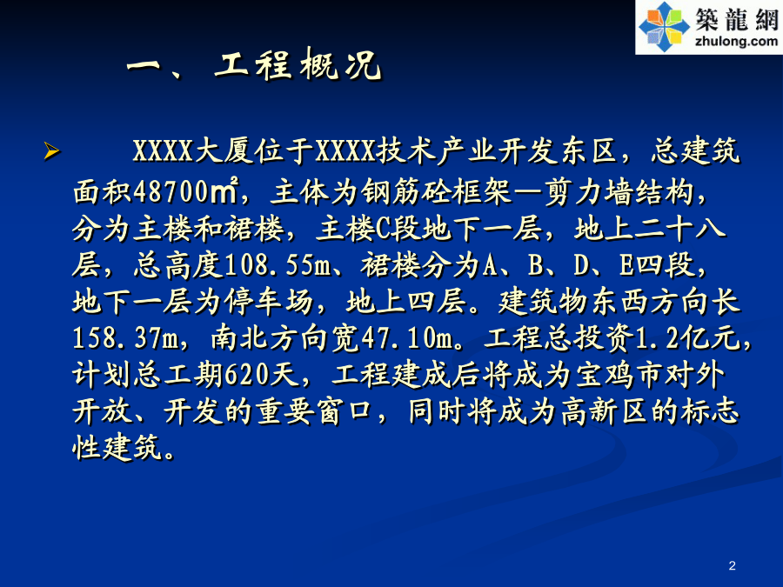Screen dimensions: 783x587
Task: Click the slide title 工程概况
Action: [x=298, y=65]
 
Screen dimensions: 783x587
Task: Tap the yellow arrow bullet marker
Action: [x=51, y=150]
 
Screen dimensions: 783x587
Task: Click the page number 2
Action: [x=732, y=565]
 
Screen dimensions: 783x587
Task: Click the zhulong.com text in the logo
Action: [x=736, y=41]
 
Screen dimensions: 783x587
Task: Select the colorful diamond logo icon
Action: [x=664, y=26]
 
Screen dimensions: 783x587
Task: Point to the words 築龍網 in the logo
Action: [x=737, y=19]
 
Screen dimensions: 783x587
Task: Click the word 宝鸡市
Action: [x=619, y=375]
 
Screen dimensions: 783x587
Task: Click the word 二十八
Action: [x=679, y=229]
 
